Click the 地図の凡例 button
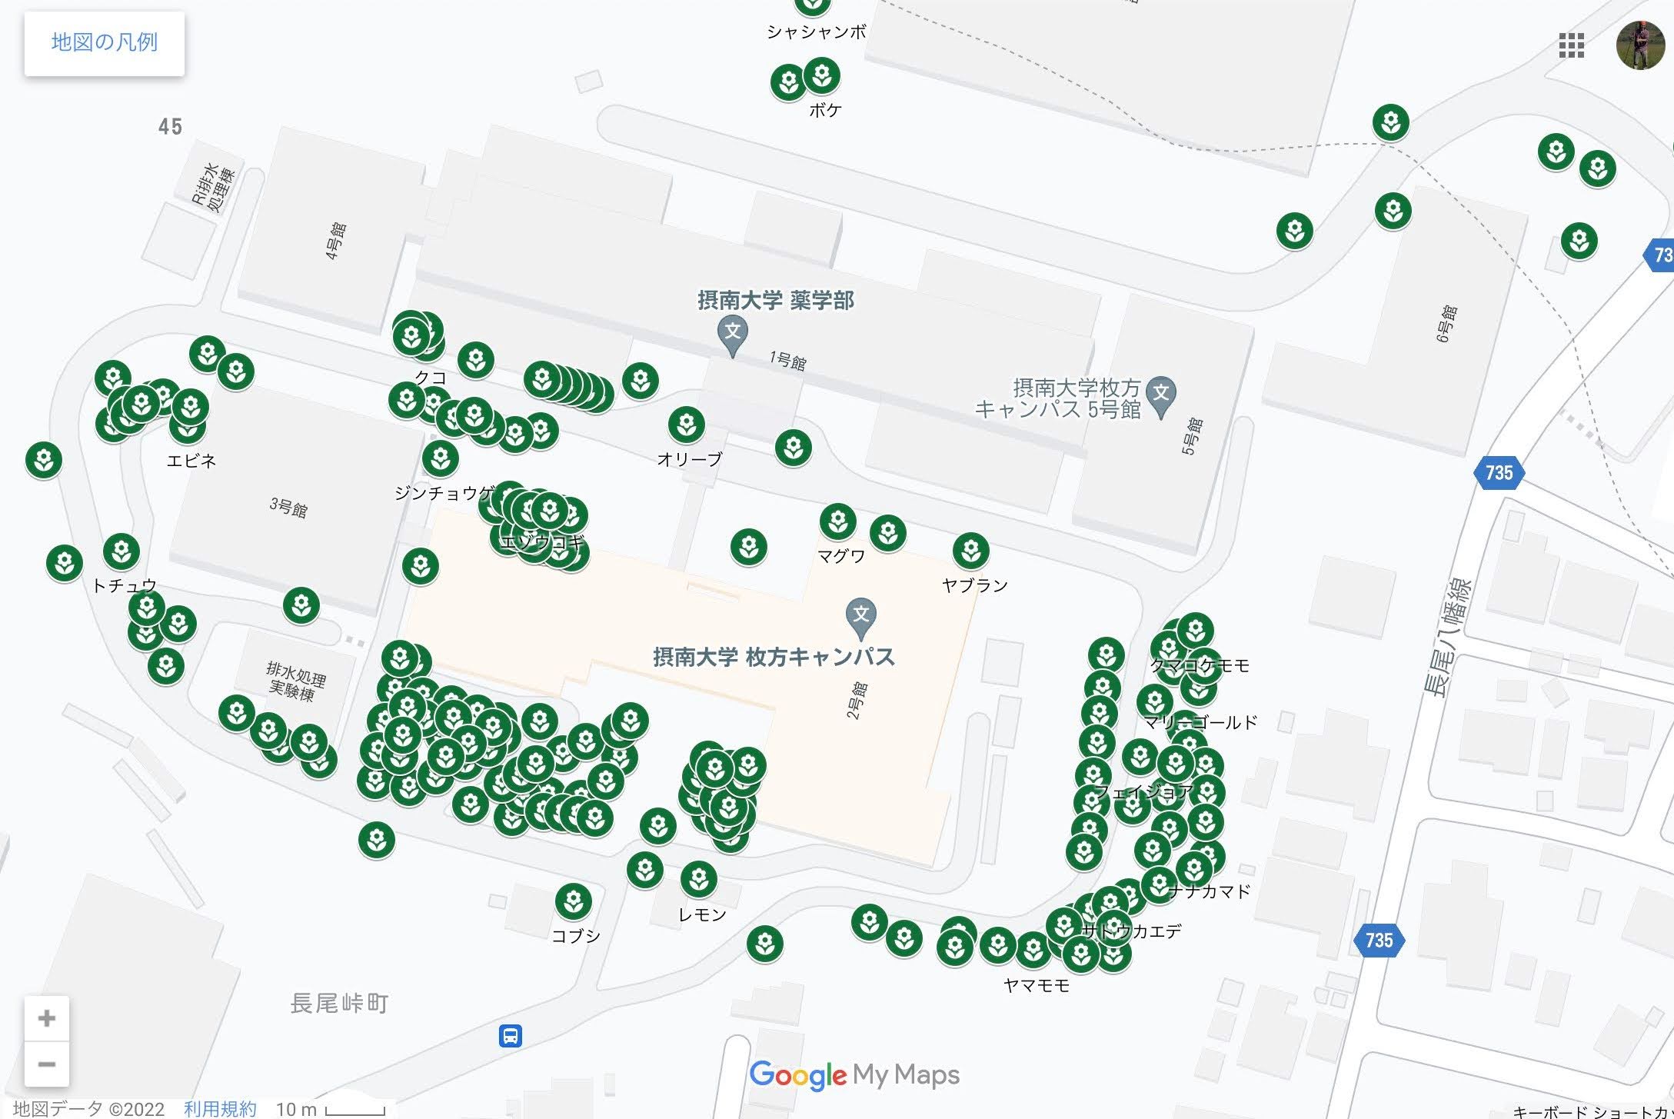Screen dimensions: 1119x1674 tap(104, 43)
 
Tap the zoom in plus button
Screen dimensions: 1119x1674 tap(47, 1018)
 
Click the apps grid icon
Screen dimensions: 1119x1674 tap(1571, 45)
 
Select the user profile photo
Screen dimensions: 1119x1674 tap(1639, 45)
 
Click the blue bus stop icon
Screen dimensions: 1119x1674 tap(511, 1035)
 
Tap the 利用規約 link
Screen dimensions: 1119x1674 tap(220, 1108)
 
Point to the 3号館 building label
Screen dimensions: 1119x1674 tap(288, 508)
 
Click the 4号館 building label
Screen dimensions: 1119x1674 tap(336, 241)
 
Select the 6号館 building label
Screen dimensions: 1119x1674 tap(1446, 323)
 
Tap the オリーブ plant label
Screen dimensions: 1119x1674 tap(690, 460)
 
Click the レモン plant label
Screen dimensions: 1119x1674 tap(702, 914)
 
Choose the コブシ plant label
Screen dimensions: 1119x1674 tap(576, 936)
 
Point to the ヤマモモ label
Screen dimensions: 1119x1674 tap(1037, 986)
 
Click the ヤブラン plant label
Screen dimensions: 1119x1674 tap(974, 585)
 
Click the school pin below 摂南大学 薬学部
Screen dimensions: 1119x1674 tap(733, 335)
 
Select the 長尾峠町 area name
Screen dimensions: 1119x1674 tap(339, 1003)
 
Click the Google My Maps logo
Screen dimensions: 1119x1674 tap(854, 1074)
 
